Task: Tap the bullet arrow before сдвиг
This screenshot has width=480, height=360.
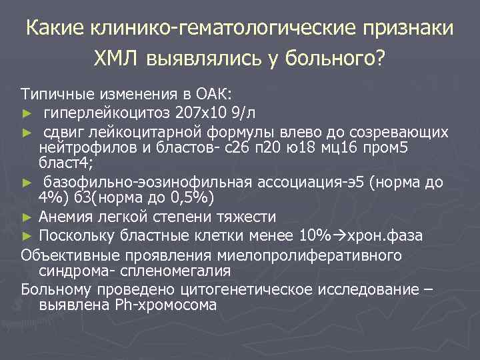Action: coord(27,132)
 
